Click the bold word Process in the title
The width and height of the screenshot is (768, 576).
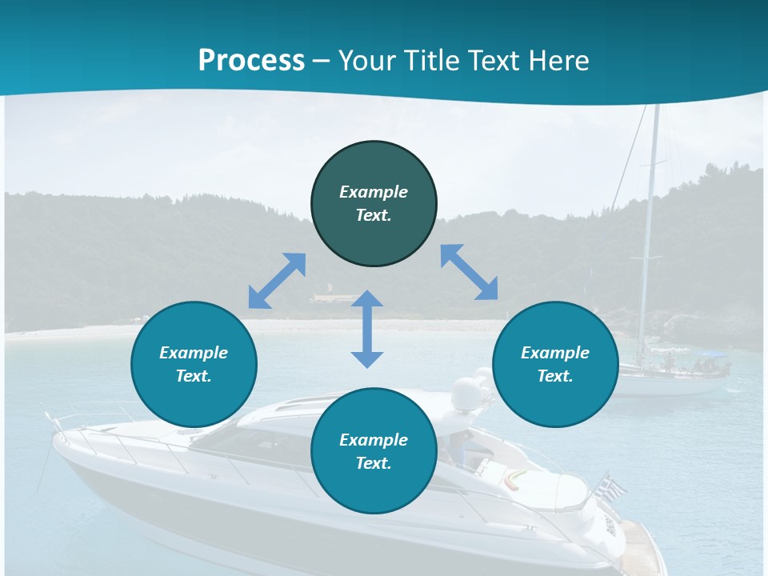click(251, 61)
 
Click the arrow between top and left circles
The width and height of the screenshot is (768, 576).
click(277, 281)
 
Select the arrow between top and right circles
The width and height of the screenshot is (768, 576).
click(470, 272)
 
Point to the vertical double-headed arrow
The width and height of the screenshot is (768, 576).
click(367, 329)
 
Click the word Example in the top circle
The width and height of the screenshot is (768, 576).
click(374, 192)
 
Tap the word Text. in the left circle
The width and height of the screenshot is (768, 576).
click(194, 376)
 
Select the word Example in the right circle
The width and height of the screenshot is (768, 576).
click(555, 353)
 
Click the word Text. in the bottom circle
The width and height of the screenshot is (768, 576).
click(374, 463)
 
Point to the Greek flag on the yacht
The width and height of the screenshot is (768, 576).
click(612, 486)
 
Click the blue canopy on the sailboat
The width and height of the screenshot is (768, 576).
click(713, 354)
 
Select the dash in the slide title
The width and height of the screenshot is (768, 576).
click(322, 61)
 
